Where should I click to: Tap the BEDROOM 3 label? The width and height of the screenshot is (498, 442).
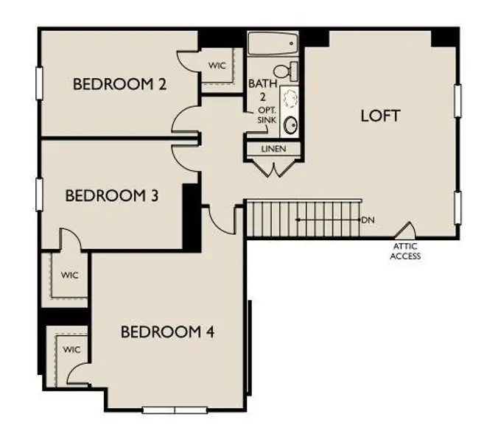[113, 196]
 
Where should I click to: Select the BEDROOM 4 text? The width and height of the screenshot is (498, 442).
[168, 331]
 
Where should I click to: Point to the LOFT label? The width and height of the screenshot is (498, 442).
[380, 116]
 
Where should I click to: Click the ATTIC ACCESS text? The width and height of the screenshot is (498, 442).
[406, 252]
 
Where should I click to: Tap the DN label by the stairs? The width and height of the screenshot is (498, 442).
[368, 220]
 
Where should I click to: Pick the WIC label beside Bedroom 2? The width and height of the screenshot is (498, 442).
[217, 66]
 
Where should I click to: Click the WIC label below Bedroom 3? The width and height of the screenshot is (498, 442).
[70, 276]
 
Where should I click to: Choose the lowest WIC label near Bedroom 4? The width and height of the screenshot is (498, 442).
[71, 349]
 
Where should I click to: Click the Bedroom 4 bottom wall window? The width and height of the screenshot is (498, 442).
[175, 410]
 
